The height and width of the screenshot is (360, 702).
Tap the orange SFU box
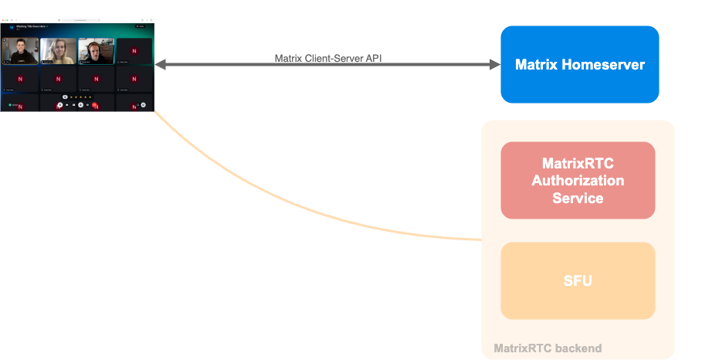coord(578,281)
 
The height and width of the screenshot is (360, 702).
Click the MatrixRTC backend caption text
coord(548,349)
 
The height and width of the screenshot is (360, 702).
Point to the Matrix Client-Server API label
coord(328,59)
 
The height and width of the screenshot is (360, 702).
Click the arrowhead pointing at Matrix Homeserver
coord(495,65)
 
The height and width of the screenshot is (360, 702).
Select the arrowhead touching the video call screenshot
coord(160,65)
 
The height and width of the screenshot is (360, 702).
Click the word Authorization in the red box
coord(578,181)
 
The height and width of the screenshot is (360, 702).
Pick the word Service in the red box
coord(578,198)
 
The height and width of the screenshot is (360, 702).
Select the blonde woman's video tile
coord(58,50)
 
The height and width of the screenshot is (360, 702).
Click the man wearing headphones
coord(96,50)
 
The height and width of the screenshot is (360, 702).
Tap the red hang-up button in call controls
coord(94,104)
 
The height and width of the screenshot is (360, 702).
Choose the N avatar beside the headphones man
coord(134,50)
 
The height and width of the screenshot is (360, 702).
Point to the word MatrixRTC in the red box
coord(578,164)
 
